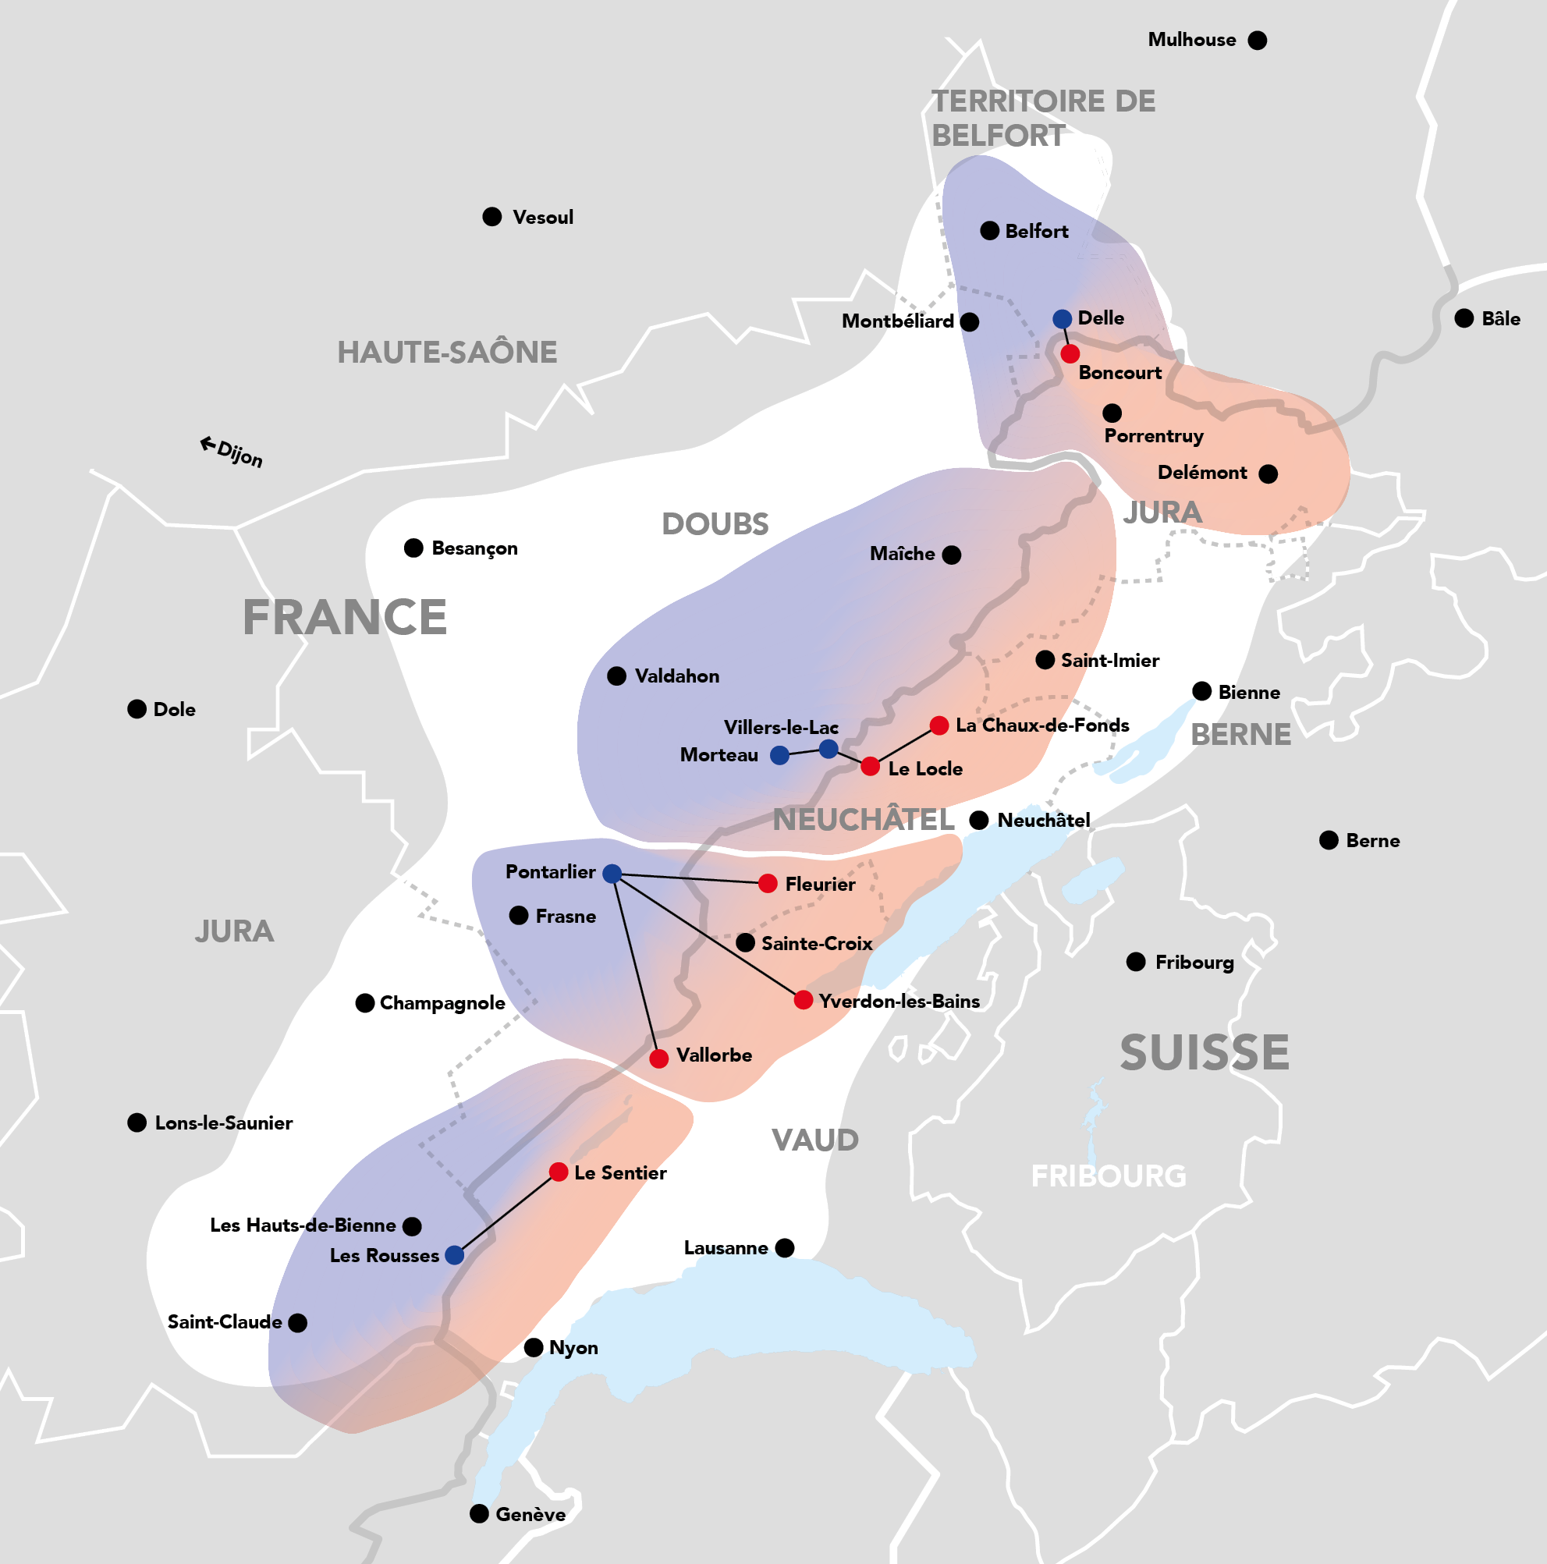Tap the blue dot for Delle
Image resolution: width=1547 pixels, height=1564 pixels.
1062,319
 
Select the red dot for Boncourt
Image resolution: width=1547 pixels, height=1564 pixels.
1070,354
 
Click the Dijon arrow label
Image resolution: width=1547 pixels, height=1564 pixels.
232,452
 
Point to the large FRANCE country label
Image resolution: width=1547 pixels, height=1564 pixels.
345,618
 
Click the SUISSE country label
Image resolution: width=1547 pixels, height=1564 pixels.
1204,1052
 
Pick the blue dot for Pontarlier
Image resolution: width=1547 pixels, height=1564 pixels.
612,874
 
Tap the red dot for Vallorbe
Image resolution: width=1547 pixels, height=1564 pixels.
659,1058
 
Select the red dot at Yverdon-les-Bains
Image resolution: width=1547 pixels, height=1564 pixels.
803,1000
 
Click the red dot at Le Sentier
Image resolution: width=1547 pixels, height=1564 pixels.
559,1172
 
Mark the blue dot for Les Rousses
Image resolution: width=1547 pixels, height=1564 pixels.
455,1255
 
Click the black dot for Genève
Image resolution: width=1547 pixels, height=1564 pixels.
479,1514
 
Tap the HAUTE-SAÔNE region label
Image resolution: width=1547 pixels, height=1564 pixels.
447,352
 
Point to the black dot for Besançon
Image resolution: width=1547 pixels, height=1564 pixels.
413,548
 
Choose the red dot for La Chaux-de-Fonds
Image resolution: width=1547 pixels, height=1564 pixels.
939,725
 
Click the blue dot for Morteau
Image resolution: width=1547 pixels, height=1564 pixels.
779,755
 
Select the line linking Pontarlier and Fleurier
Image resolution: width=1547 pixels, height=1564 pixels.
688,878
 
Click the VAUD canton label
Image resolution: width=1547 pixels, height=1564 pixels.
815,1140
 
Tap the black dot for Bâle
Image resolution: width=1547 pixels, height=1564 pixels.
1464,318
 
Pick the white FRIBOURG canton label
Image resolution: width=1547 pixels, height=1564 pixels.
1109,1176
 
